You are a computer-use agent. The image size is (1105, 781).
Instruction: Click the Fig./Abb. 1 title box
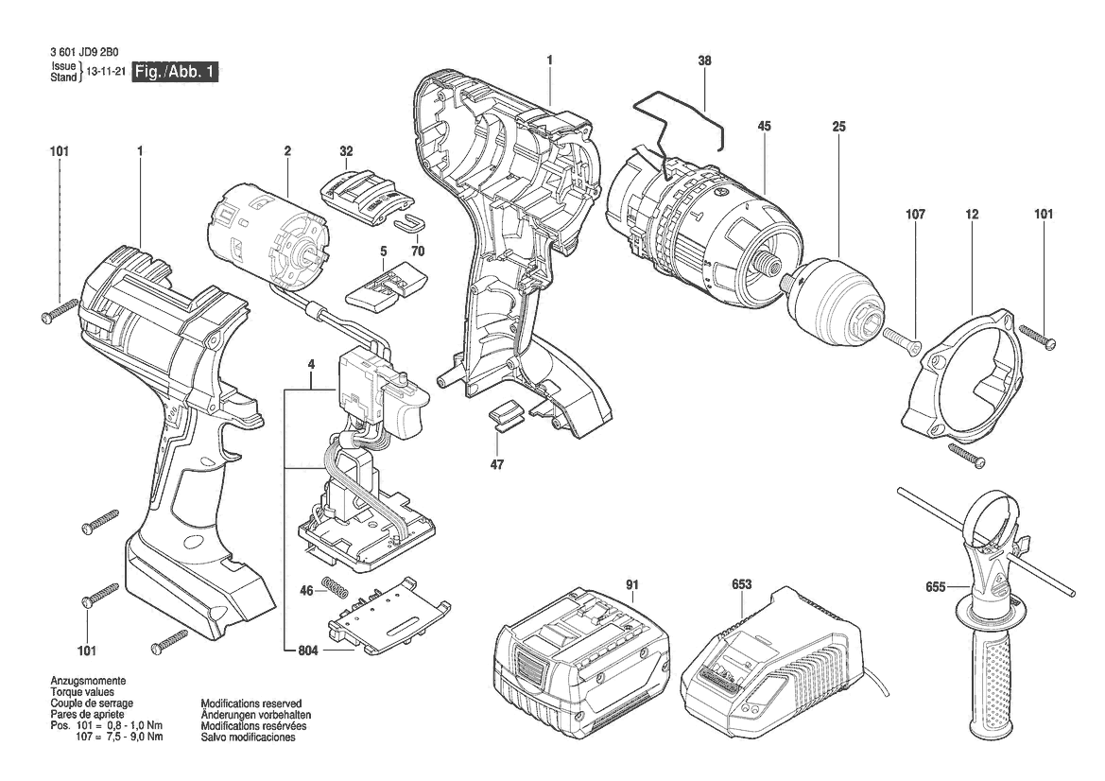[x=176, y=72]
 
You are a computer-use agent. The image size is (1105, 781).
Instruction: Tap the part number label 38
[x=705, y=61]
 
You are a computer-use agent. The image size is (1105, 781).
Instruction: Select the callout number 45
[x=765, y=126]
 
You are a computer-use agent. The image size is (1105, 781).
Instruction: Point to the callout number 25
[x=838, y=126]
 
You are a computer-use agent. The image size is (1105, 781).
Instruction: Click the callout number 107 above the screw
[x=915, y=214]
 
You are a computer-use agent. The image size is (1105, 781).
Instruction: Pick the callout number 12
[x=973, y=214]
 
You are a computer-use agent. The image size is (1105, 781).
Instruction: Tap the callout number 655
[x=936, y=586]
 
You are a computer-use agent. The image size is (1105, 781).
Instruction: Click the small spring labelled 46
[x=337, y=585]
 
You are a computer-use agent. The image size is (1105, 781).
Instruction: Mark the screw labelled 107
[x=903, y=337]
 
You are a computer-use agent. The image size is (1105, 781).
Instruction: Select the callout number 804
[x=308, y=651]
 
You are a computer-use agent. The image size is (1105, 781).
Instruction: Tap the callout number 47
[x=497, y=464]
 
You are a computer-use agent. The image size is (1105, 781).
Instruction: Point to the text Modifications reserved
[x=250, y=703]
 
